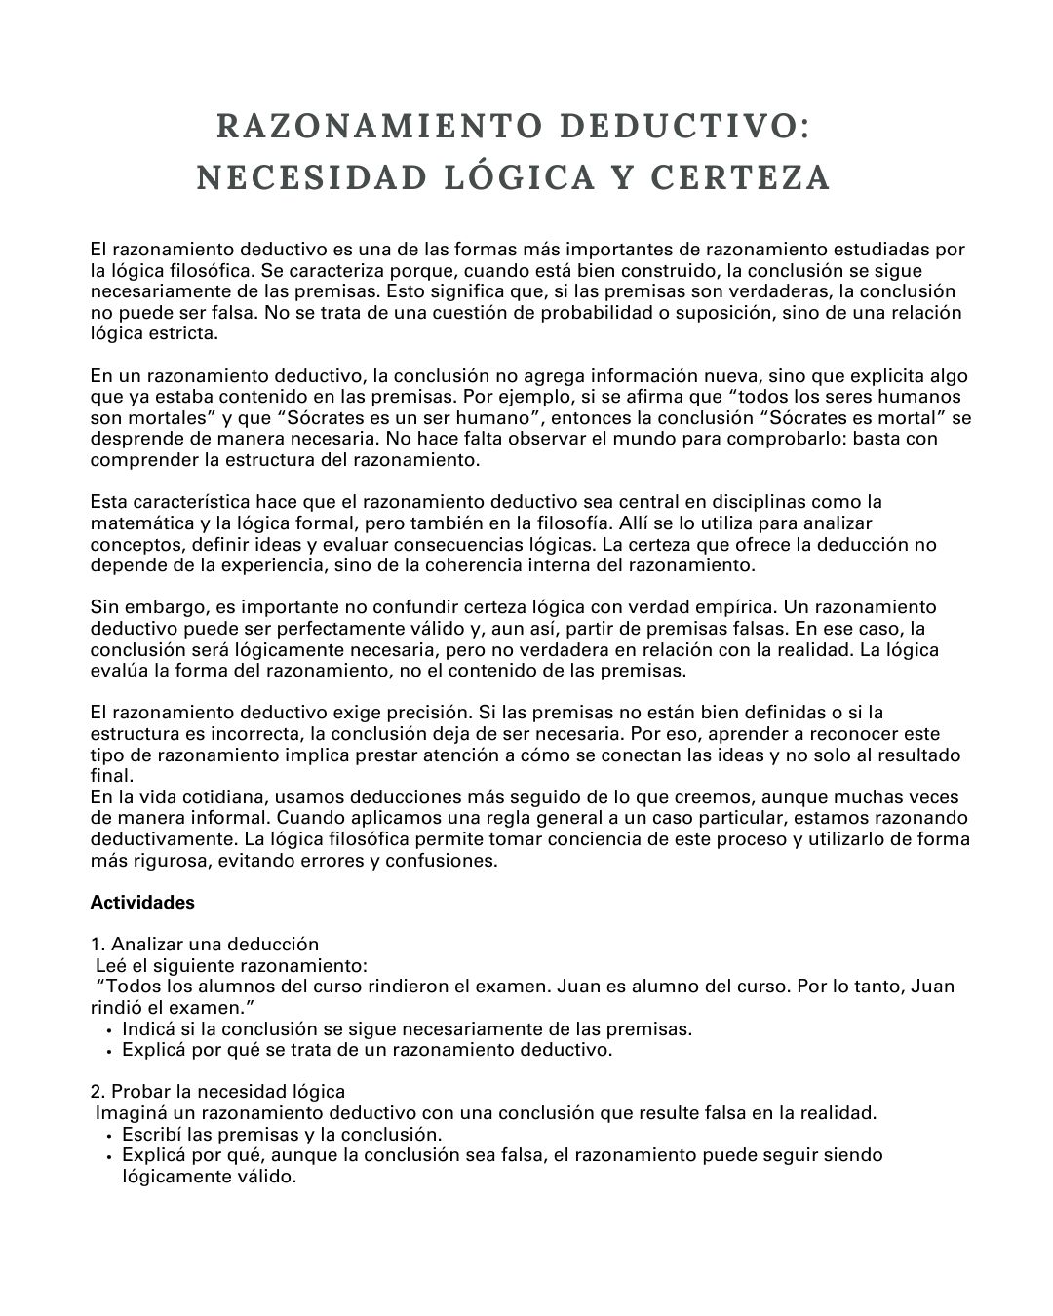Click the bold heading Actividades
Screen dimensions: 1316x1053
coord(142,903)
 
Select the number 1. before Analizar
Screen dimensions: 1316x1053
coord(97,945)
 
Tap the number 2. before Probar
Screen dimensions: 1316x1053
coord(97,1092)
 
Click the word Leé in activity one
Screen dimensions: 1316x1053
coord(110,966)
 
